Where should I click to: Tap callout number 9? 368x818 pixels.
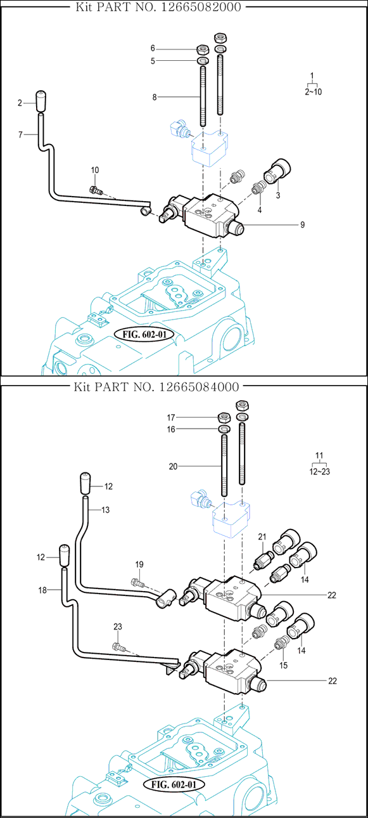(302, 225)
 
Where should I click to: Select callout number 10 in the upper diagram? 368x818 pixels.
(95, 170)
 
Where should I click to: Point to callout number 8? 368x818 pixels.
(155, 97)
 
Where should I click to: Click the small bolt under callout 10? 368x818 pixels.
(96, 190)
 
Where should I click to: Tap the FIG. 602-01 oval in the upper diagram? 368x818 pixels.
(144, 334)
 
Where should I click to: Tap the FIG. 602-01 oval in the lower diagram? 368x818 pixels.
(174, 784)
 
